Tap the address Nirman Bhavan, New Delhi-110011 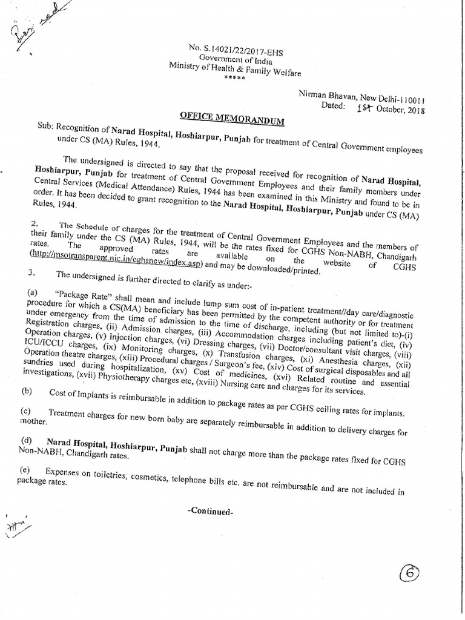(x=361, y=97)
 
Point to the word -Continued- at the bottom (x=210, y=510)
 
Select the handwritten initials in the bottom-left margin (x=18, y=526)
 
